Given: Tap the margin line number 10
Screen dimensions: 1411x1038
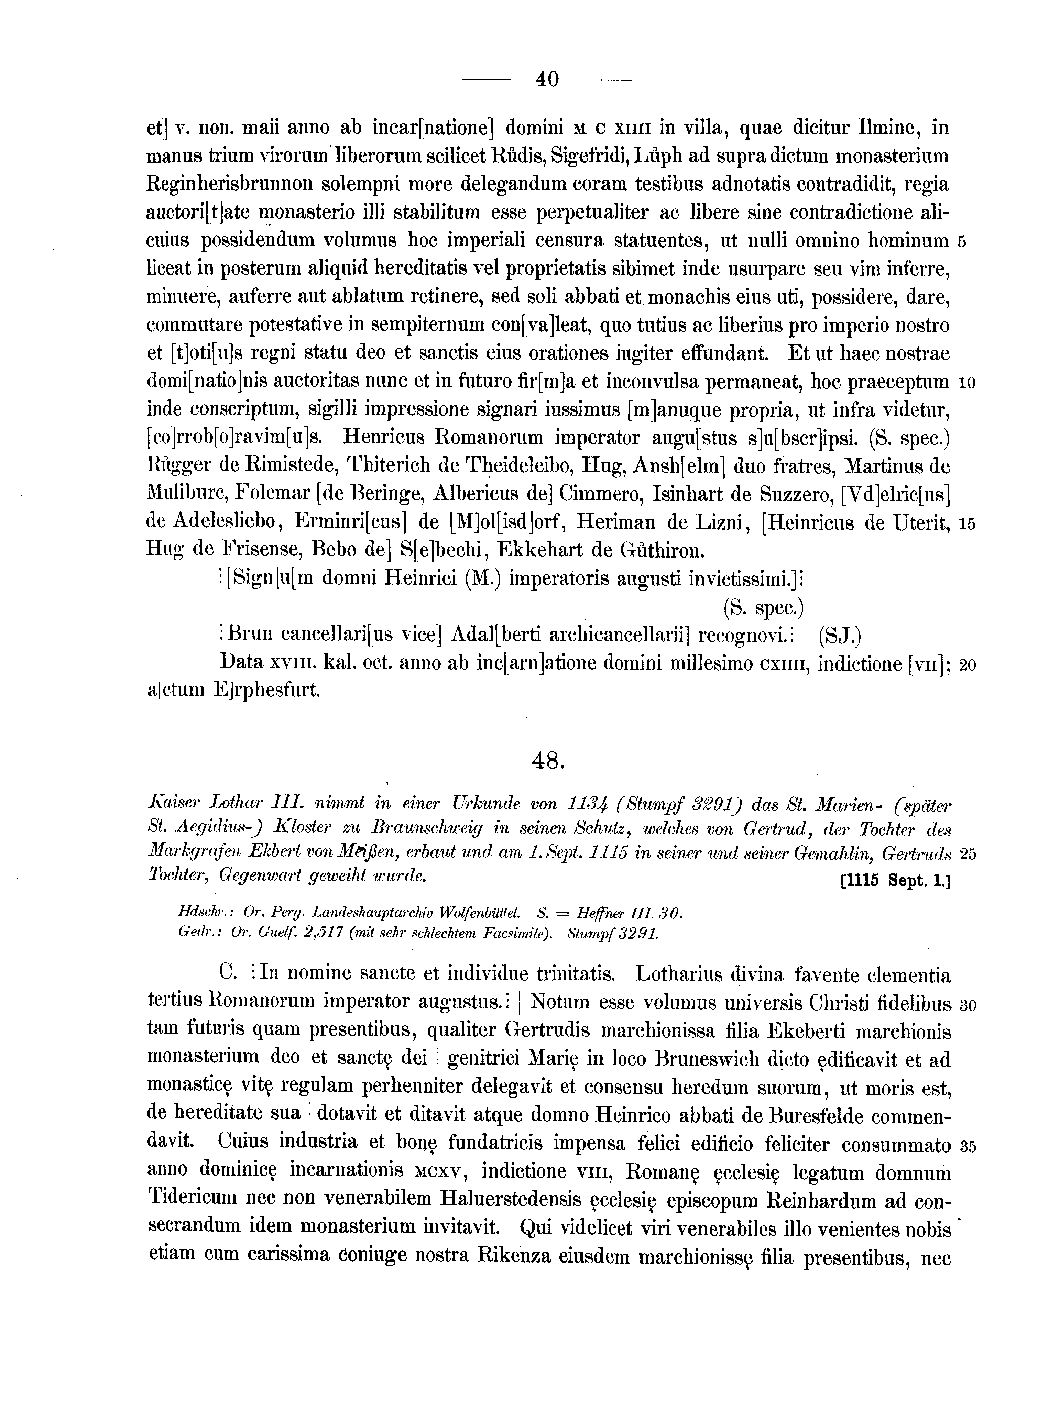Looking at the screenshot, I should [966, 383].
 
